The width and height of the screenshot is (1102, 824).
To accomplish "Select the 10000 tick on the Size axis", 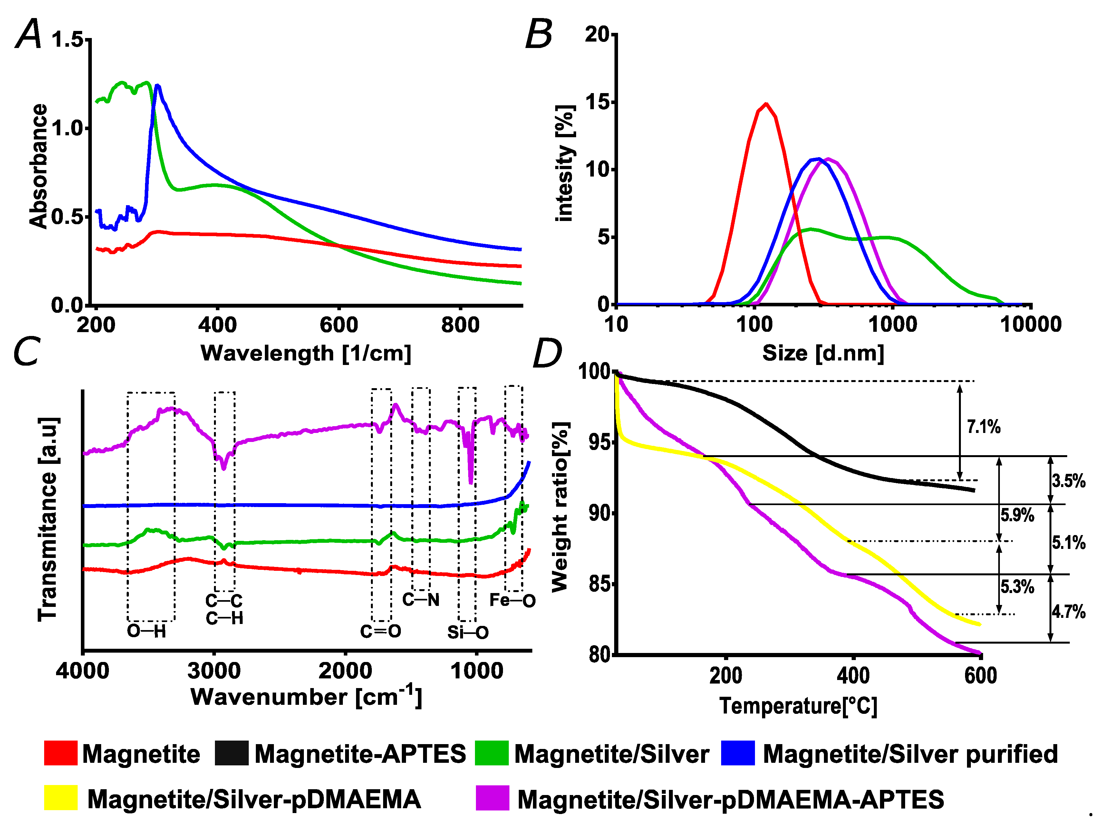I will [x=1030, y=324].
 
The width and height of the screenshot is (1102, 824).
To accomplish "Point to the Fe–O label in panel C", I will [x=512, y=600].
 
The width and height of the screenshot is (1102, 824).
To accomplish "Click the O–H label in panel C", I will [x=146, y=631].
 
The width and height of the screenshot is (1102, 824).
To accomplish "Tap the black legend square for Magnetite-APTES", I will [x=232, y=753].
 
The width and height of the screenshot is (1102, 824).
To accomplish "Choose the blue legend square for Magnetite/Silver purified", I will [x=738, y=753].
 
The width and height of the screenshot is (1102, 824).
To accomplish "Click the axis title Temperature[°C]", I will [x=798, y=706].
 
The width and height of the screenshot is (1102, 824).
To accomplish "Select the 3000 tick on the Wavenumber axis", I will [x=214, y=671].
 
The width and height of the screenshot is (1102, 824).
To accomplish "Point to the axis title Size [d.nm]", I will [x=823, y=353].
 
